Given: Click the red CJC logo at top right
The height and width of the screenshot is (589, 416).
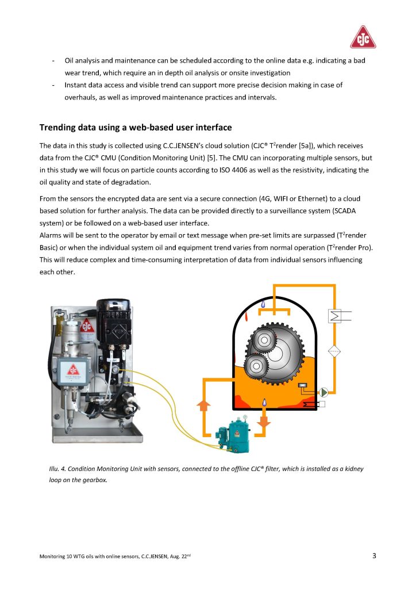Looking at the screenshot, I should tap(363, 37).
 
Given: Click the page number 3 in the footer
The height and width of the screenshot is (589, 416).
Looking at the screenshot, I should tap(374, 556).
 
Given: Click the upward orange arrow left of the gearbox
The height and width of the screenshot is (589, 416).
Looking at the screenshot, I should tap(203, 406).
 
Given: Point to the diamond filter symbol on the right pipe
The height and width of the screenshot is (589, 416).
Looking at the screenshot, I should tap(334, 351).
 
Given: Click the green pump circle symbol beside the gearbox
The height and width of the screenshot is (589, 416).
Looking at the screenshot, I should tap(324, 392).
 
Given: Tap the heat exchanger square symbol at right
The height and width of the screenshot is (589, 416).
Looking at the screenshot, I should tap(333, 315).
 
